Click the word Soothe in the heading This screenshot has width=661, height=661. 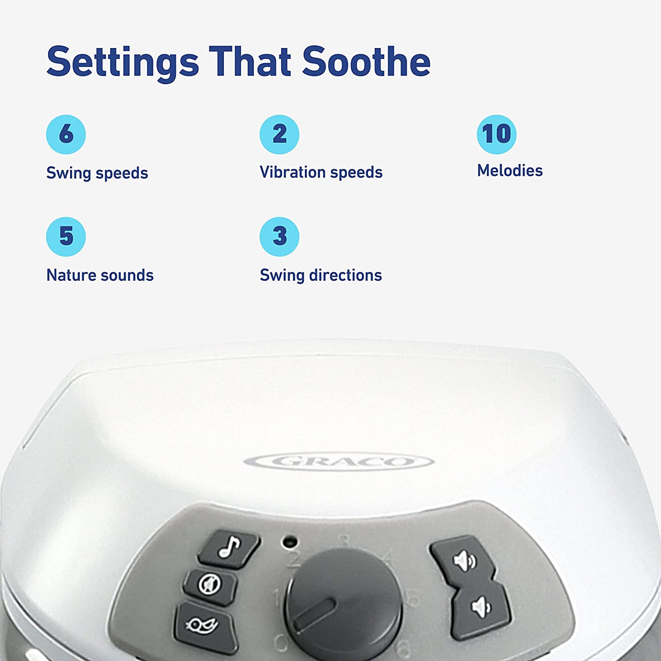click(x=366, y=61)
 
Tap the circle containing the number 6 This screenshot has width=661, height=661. click(x=66, y=134)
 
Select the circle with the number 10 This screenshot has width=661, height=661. click(x=496, y=134)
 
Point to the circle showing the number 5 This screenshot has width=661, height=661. click(x=66, y=236)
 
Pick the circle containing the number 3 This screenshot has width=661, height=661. click(x=279, y=236)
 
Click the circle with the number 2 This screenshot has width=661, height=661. click(x=279, y=134)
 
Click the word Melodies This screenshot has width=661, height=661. click(x=510, y=171)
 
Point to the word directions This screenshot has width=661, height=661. click(x=345, y=275)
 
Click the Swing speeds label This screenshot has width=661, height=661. click(x=97, y=173)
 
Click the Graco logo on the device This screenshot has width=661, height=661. click(x=339, y=462)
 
